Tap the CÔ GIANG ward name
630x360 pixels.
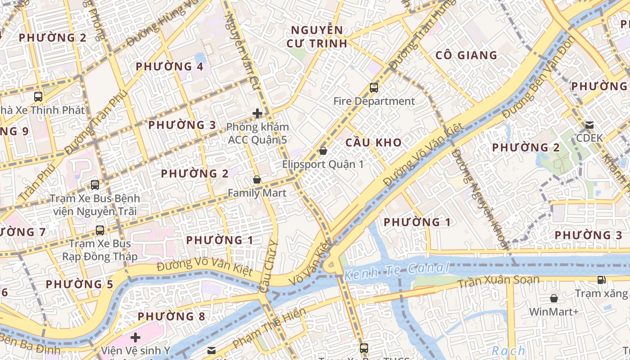(x=466, y=55)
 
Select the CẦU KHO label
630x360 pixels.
(x=373, y=143)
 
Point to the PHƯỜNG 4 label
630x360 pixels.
(x=169, y=67)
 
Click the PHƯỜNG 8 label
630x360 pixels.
(x=171, y=316)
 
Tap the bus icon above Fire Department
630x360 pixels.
(x=374, y=88)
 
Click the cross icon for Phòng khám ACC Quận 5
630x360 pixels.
(x=257, y=113)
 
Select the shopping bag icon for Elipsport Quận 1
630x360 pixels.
(x=323, y=151)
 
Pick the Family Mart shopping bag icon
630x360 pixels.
(x=257, y=180)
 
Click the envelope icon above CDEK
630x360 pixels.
(x=589, y=125)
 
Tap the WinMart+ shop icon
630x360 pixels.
(x=554, y=298)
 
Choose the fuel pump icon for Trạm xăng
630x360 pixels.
(x=601, y=280)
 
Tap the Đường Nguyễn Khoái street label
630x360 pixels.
(x=479, y=198)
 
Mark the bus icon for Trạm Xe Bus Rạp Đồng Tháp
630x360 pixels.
(x=100, y=230)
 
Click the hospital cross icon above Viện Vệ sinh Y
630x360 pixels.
(x=135, y=337)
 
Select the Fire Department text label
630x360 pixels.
(x=374, y=101)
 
